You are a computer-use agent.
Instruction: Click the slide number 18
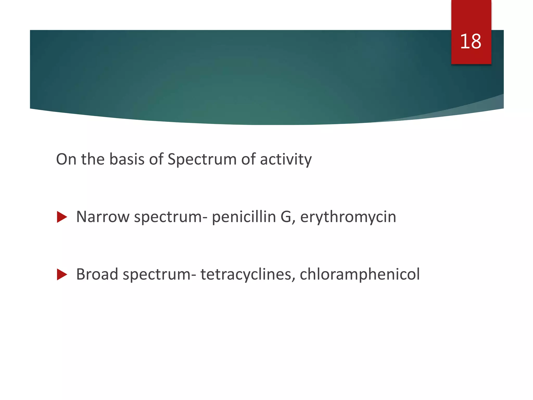[471, 42]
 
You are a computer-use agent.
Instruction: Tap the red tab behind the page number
[471, 16]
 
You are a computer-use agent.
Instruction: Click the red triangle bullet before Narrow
[62, 217]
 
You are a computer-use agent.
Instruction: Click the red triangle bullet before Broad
[62, 275]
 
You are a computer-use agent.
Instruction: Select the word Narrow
[103, 217]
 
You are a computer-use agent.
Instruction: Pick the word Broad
[97, 274]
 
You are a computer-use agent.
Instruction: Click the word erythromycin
[348, 217]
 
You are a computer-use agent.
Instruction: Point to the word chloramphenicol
[359, 274]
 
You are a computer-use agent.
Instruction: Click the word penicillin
[244, 217]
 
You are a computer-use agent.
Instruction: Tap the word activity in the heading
[285, 159]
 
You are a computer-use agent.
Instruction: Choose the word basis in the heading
[126, 159]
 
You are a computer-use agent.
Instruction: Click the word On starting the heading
[66, 159]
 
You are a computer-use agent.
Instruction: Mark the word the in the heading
[93, 159]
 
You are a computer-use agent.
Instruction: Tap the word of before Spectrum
[156, 159]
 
